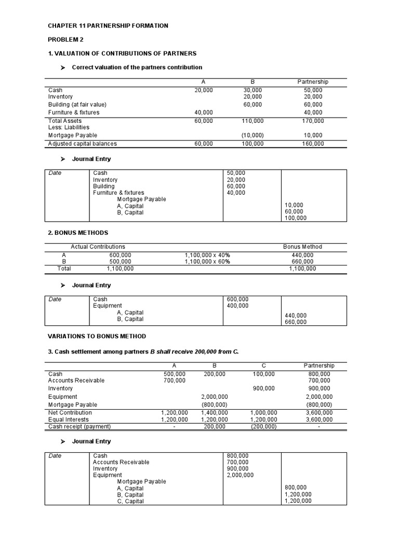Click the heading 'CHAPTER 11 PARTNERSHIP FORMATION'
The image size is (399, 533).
108,26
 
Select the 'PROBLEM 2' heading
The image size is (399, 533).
65,40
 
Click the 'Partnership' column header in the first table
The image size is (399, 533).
313,82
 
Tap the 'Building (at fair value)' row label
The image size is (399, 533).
77,105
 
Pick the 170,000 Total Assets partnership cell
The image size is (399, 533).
313,121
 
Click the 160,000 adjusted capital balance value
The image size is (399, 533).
313,144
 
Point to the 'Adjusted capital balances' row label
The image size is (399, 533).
82,144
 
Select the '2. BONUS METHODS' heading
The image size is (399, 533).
78,233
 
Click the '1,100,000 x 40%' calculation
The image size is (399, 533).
207,255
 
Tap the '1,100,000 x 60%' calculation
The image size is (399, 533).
207,262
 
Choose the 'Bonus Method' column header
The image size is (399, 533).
302,247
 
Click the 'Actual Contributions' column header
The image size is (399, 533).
98,247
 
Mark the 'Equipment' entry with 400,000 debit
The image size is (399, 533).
108,306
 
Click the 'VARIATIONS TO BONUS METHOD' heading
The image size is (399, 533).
97,336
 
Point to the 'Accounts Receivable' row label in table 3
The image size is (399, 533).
76,380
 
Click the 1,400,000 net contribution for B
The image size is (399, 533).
214,413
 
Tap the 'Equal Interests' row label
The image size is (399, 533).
69,420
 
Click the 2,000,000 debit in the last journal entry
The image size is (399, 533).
241,475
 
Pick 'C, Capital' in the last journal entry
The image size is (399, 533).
130,501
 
